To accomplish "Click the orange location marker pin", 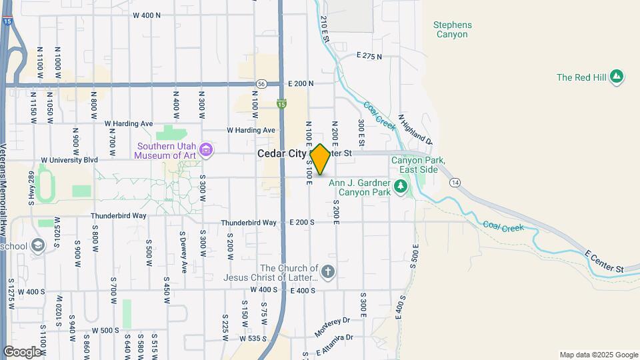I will pos(321,159).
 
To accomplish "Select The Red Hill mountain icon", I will pos(617,77).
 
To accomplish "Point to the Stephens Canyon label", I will pos(453,29).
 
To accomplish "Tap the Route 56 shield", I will pos(261,84).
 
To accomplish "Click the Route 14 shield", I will pos(455,182).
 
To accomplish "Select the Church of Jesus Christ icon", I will pos(327,271).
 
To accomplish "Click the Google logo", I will pos(22,351).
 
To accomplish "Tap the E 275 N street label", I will pos(369,56).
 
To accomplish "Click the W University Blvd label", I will pos(69,160).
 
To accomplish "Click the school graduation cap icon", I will pos(38,245).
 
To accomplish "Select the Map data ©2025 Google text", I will pos(598,355).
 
